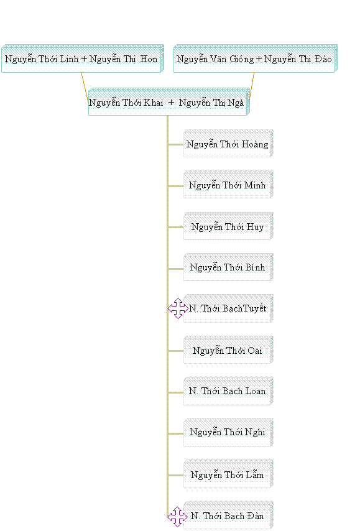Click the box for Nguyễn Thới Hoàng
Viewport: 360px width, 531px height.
point(228,143)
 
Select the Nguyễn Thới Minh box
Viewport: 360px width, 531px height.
point(228,185)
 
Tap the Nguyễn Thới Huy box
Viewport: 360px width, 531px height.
point(228,226)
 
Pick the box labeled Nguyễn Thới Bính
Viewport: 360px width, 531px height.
point(228,267)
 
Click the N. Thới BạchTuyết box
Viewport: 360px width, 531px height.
point(228,308)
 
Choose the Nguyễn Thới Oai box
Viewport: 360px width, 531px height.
point(228,350)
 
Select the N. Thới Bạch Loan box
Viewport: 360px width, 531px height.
point(228,391)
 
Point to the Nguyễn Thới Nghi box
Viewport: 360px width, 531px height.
point(228,433)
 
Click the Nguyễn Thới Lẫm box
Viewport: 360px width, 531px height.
point(228,474)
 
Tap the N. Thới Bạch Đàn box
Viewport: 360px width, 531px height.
point(228,515)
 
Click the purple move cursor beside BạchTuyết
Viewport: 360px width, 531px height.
point(178,308)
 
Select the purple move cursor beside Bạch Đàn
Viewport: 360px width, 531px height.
point(177,517)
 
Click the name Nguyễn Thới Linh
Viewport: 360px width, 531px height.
point(42,60)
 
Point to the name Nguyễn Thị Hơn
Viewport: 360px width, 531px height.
point(124,60)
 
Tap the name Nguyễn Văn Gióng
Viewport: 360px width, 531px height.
point(215,60)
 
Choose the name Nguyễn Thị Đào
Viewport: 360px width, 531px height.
point(298,60)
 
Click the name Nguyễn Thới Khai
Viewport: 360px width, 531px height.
point(126,103)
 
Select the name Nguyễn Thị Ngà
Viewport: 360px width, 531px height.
point(211,103)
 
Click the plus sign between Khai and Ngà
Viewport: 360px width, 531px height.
point(171,102)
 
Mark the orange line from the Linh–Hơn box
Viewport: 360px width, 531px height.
point(85,87)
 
